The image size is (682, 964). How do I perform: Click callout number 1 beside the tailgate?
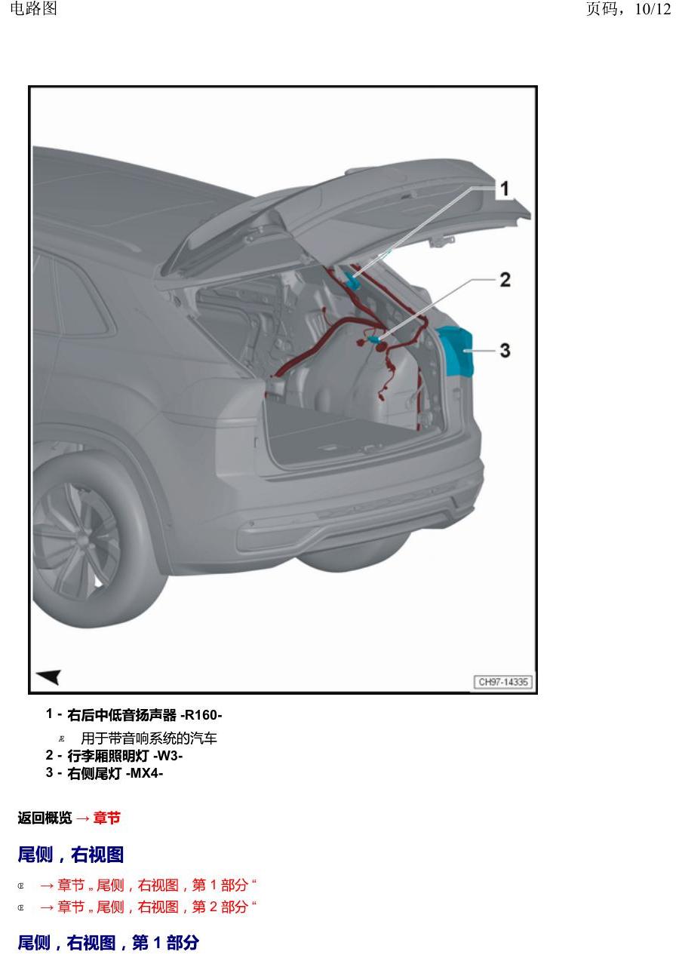[505, 189]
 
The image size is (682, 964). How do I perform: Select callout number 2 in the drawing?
[505, 280]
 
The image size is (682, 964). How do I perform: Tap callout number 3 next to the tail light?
[505, 350]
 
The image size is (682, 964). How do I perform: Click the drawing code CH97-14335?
[503, 682]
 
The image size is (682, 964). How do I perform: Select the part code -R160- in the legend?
[201, 715]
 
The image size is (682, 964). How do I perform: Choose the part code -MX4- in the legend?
[144, 773]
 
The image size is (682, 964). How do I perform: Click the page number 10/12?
[653, 9]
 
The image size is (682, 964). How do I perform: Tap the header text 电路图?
[33, 8]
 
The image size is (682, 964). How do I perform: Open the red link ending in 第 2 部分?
[148, 907]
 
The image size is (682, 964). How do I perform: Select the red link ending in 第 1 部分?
[148, 886]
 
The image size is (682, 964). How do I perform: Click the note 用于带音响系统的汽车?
[149, 738]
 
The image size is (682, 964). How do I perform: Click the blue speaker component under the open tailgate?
[352, 280]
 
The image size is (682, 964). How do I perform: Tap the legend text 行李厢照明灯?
[108, 756]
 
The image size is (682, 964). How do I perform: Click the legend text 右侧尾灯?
[94, 773]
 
